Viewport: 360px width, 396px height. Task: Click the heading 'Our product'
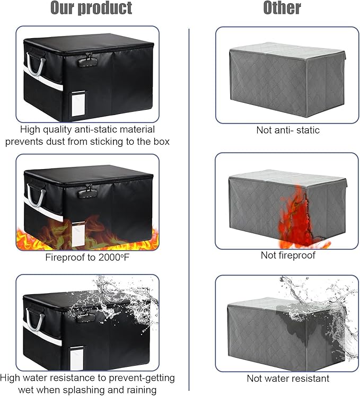[x=91, y=8]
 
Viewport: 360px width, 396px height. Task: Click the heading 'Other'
[x=282, y=8]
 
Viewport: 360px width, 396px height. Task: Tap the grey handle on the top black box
[x=36, y=64]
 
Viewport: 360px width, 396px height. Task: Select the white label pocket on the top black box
[x=78, y=104]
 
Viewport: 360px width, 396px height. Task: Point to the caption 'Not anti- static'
[x=288, y=130]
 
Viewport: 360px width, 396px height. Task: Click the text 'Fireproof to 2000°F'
[x=87, y=257]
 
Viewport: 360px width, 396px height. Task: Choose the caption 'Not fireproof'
[x=288, y=255]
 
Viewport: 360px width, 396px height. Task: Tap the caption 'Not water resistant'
[x=288, y=379]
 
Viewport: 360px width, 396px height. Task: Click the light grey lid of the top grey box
[x=287, y=50]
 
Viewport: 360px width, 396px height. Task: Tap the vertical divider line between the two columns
[x=189, y=209]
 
